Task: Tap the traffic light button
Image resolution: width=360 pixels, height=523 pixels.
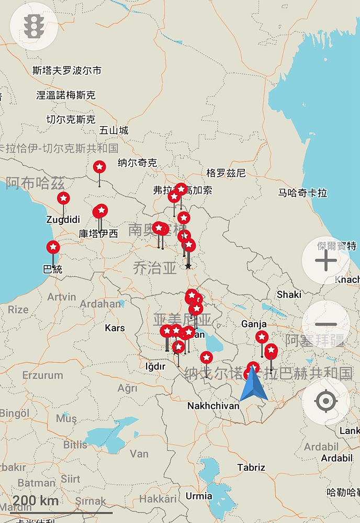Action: point(34,26)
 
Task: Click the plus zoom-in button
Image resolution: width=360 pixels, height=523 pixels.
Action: point(325,260)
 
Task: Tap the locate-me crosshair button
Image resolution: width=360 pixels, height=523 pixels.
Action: point(325,401)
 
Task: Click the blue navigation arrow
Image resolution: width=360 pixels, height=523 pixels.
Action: point(254,384)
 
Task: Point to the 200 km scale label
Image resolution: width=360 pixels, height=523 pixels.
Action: point(36,500)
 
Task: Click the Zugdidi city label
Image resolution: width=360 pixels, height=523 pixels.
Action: point(63,219)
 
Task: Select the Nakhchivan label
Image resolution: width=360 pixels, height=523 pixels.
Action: point(213,406)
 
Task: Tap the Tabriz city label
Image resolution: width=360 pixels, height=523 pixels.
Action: point(251,468)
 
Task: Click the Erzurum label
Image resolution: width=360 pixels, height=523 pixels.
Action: point(42,375)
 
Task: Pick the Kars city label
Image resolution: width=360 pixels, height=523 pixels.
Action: point(115,328)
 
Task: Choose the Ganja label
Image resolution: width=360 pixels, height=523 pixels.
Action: point(254,324)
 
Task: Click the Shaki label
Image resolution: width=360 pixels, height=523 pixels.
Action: point(289,294)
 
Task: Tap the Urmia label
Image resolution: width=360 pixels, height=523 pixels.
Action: point(199,496)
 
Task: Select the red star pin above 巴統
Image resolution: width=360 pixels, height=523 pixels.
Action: point(53,247)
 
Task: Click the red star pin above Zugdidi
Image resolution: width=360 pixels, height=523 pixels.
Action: point(63,198)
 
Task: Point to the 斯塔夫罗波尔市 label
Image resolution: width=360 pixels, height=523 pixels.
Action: point(66,70)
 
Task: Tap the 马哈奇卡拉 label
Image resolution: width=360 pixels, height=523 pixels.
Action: point(302,193)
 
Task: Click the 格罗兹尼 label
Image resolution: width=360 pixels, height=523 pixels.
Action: point(226,173)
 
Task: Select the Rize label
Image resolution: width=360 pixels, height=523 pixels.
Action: point(18,310)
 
